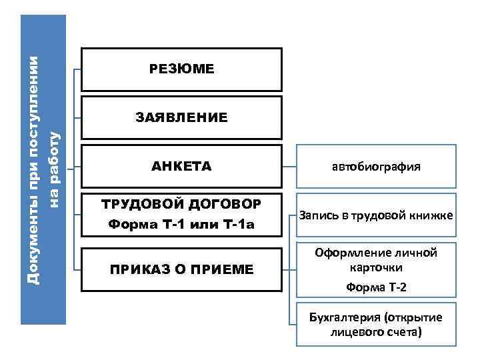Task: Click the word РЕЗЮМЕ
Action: (181, 69)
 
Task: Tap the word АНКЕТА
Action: (181, 166)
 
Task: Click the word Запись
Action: (317, 216)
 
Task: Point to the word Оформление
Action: (352, 253)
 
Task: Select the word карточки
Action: (377, 267)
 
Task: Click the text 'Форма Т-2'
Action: (377, 288)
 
